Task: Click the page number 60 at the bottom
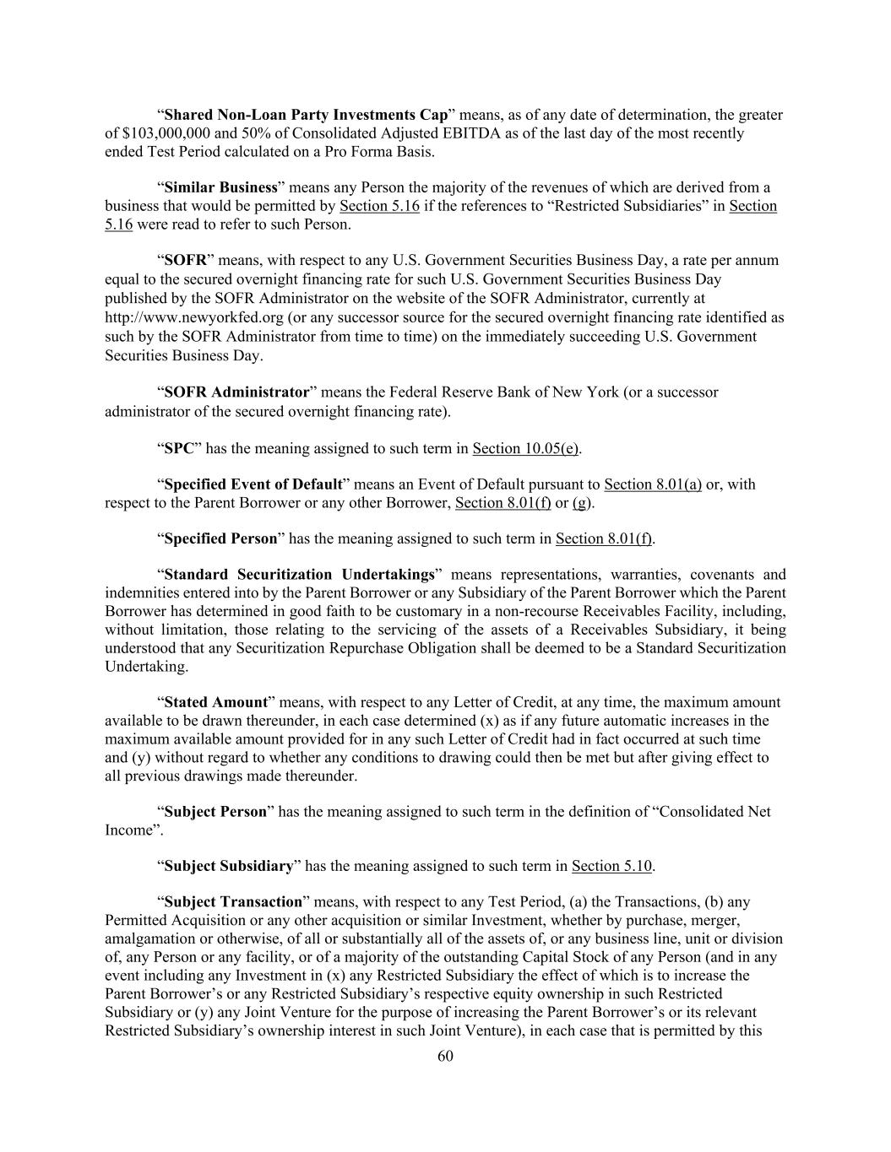pos(445,1056)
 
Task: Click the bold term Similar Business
pos(220,187)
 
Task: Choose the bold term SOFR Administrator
pos(236,392)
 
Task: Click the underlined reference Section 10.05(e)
pos(525,448)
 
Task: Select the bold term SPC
pos(179,448)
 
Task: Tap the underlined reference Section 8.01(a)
pos(653,484)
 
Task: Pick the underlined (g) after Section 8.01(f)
pos(583,503)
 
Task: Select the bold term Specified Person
pos(220,538)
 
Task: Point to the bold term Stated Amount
pos(215,702)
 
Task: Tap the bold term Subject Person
pos(215,812)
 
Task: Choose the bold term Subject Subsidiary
pos(228,866)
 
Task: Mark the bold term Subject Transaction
pos(233,902)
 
